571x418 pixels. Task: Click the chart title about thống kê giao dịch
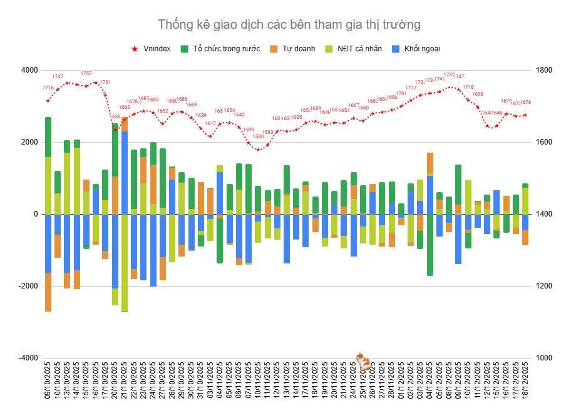[289, 24]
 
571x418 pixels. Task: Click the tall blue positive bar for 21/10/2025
[125, 172]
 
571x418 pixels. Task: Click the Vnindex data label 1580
[258, 136]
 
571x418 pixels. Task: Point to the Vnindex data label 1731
[105, 82]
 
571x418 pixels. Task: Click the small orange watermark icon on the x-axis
[363, 360]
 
